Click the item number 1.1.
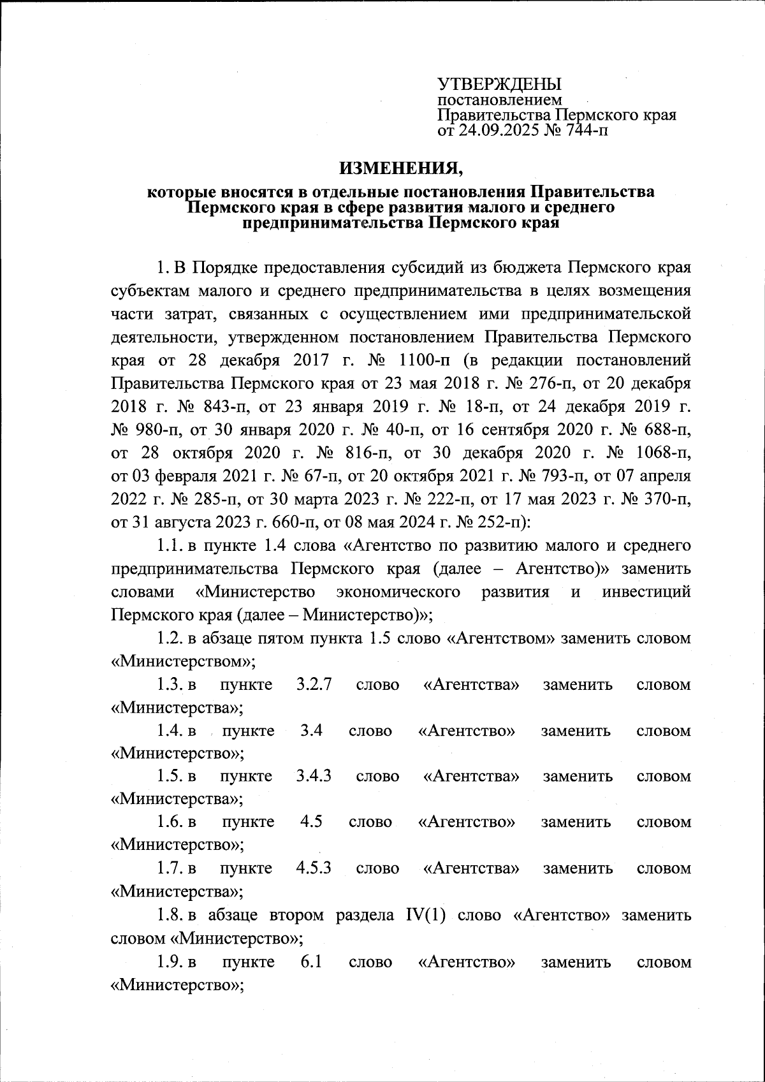point(170,546)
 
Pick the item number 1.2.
point(170,638)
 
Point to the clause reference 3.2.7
point(314,685)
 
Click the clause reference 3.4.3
point(314,777)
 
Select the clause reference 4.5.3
point(314,868)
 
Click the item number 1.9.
point(170,961)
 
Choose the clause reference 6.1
point(310,961)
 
